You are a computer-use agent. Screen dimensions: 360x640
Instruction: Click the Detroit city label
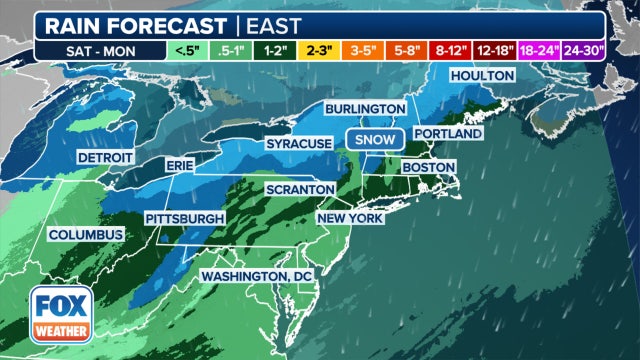click(x=106, y=158)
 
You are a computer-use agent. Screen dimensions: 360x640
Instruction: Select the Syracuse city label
click(x=298, y=145)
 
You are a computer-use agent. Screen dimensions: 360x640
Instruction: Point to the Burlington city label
click(x=365, y=108)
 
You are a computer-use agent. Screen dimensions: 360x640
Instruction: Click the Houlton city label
click(x=482, y=76)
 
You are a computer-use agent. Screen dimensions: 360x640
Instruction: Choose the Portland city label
click(x=447, y=133)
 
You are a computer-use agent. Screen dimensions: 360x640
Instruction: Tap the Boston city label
click(x=429, y=167)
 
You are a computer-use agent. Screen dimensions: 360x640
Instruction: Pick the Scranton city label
click(x=299, y=189)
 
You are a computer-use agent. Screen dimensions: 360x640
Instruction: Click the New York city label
click(x=351, y=218)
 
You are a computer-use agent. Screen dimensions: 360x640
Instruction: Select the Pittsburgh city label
click(x=183, y=218)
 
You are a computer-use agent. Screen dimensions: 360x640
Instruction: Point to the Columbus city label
click(x=85, y=235)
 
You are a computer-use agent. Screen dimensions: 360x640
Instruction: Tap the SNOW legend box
click(x=374, y=140)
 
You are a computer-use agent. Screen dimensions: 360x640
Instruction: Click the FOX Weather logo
click(x=57, y=313)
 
